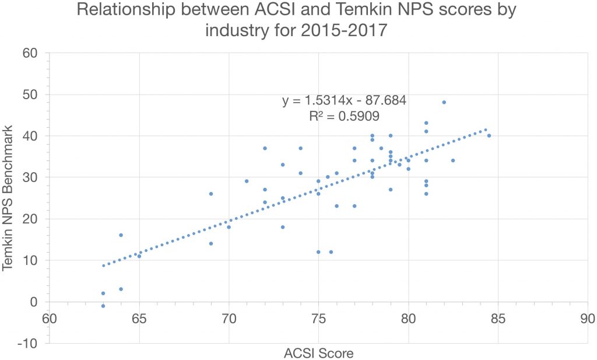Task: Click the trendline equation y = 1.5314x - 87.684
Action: (344, 101)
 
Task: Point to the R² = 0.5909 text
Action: (344, 116)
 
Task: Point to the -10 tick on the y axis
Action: (27, 344)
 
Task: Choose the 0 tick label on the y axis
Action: (34, 302)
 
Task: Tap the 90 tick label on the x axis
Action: (587, 319)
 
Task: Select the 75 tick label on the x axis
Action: (318, 319)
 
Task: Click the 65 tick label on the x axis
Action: (139, 319)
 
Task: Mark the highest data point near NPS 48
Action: (444, 102)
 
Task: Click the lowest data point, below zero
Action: (103, 306)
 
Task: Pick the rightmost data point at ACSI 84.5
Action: (489, 135)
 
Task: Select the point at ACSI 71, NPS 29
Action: (247, 181)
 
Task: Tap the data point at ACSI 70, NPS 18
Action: (229, 227)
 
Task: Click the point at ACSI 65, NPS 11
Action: (139, 256)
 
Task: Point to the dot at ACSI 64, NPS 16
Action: (121, 235)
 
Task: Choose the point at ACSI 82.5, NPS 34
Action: (453, 160)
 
